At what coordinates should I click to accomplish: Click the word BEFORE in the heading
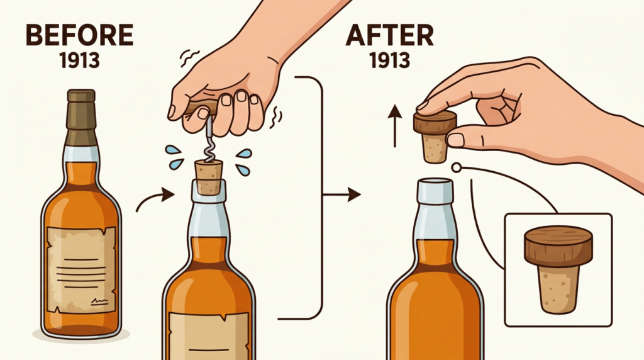tap(80, 35)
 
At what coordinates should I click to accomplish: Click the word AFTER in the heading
tap(389, 36)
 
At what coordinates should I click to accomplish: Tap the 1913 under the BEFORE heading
tap(80, 61)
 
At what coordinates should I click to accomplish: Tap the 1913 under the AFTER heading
tap(390, 61)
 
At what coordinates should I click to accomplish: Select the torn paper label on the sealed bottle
tap(81, 269)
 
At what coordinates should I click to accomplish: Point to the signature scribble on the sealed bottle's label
tap(100, 302)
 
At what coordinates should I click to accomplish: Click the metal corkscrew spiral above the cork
tap(210, 140)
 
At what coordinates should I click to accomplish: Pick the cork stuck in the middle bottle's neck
tap(209, 177)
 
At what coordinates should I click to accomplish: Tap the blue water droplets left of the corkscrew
tap(175, 157)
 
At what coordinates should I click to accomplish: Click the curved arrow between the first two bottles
tap(155, 198)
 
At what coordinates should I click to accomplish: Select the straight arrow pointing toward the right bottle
tap(341, 194)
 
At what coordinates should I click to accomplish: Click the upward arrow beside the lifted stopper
tap(395, 126)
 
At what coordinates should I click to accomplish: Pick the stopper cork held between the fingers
tap(435, 136)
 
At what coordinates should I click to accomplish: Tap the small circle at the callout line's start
tap(456, 167)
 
